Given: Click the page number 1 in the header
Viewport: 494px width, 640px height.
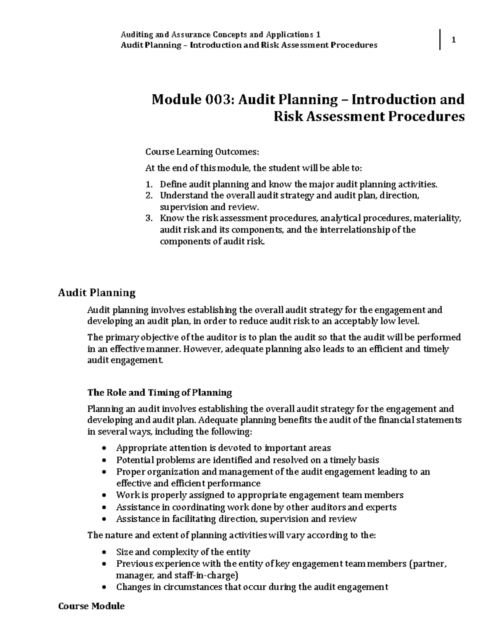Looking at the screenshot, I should [x=453, y=40].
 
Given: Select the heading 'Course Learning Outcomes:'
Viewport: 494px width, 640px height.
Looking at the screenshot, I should [x=202, y=152].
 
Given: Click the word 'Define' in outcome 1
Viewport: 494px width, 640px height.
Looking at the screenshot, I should [x=171, y=184].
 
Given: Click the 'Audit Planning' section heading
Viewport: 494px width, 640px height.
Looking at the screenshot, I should [x=97, y=293].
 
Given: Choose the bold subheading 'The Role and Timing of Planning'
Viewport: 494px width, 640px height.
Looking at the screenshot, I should [x=160, y=392].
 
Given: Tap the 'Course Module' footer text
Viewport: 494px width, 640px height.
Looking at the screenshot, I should [x=91, y=606].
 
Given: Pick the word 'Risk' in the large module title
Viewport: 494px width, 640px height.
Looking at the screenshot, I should [x=289, y=117].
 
